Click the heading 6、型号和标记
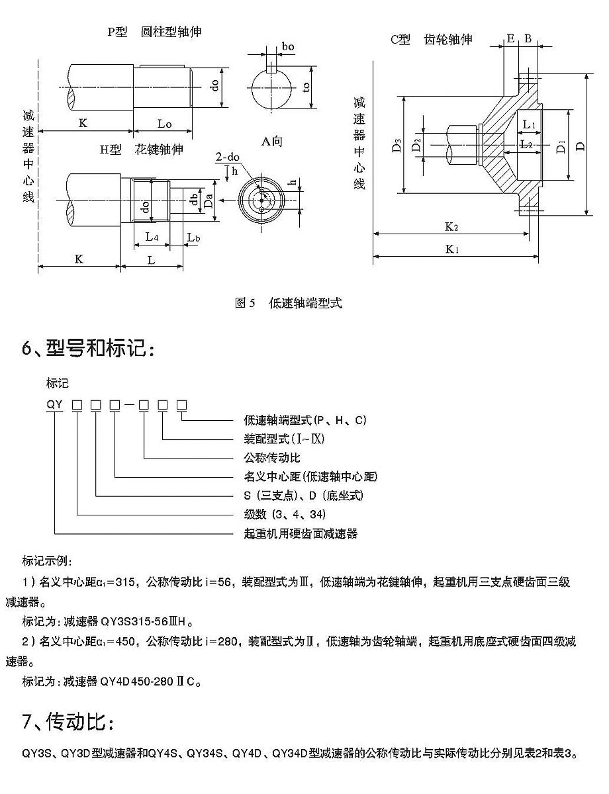89,348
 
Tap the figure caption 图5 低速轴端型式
289,304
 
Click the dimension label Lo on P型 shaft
164,124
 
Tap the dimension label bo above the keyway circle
288,46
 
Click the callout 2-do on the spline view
228,157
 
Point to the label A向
271,141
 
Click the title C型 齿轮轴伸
431,39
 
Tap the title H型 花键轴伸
141,150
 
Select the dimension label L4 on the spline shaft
152,236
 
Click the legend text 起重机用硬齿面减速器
301,533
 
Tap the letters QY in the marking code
54,403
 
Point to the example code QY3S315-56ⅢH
146,621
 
